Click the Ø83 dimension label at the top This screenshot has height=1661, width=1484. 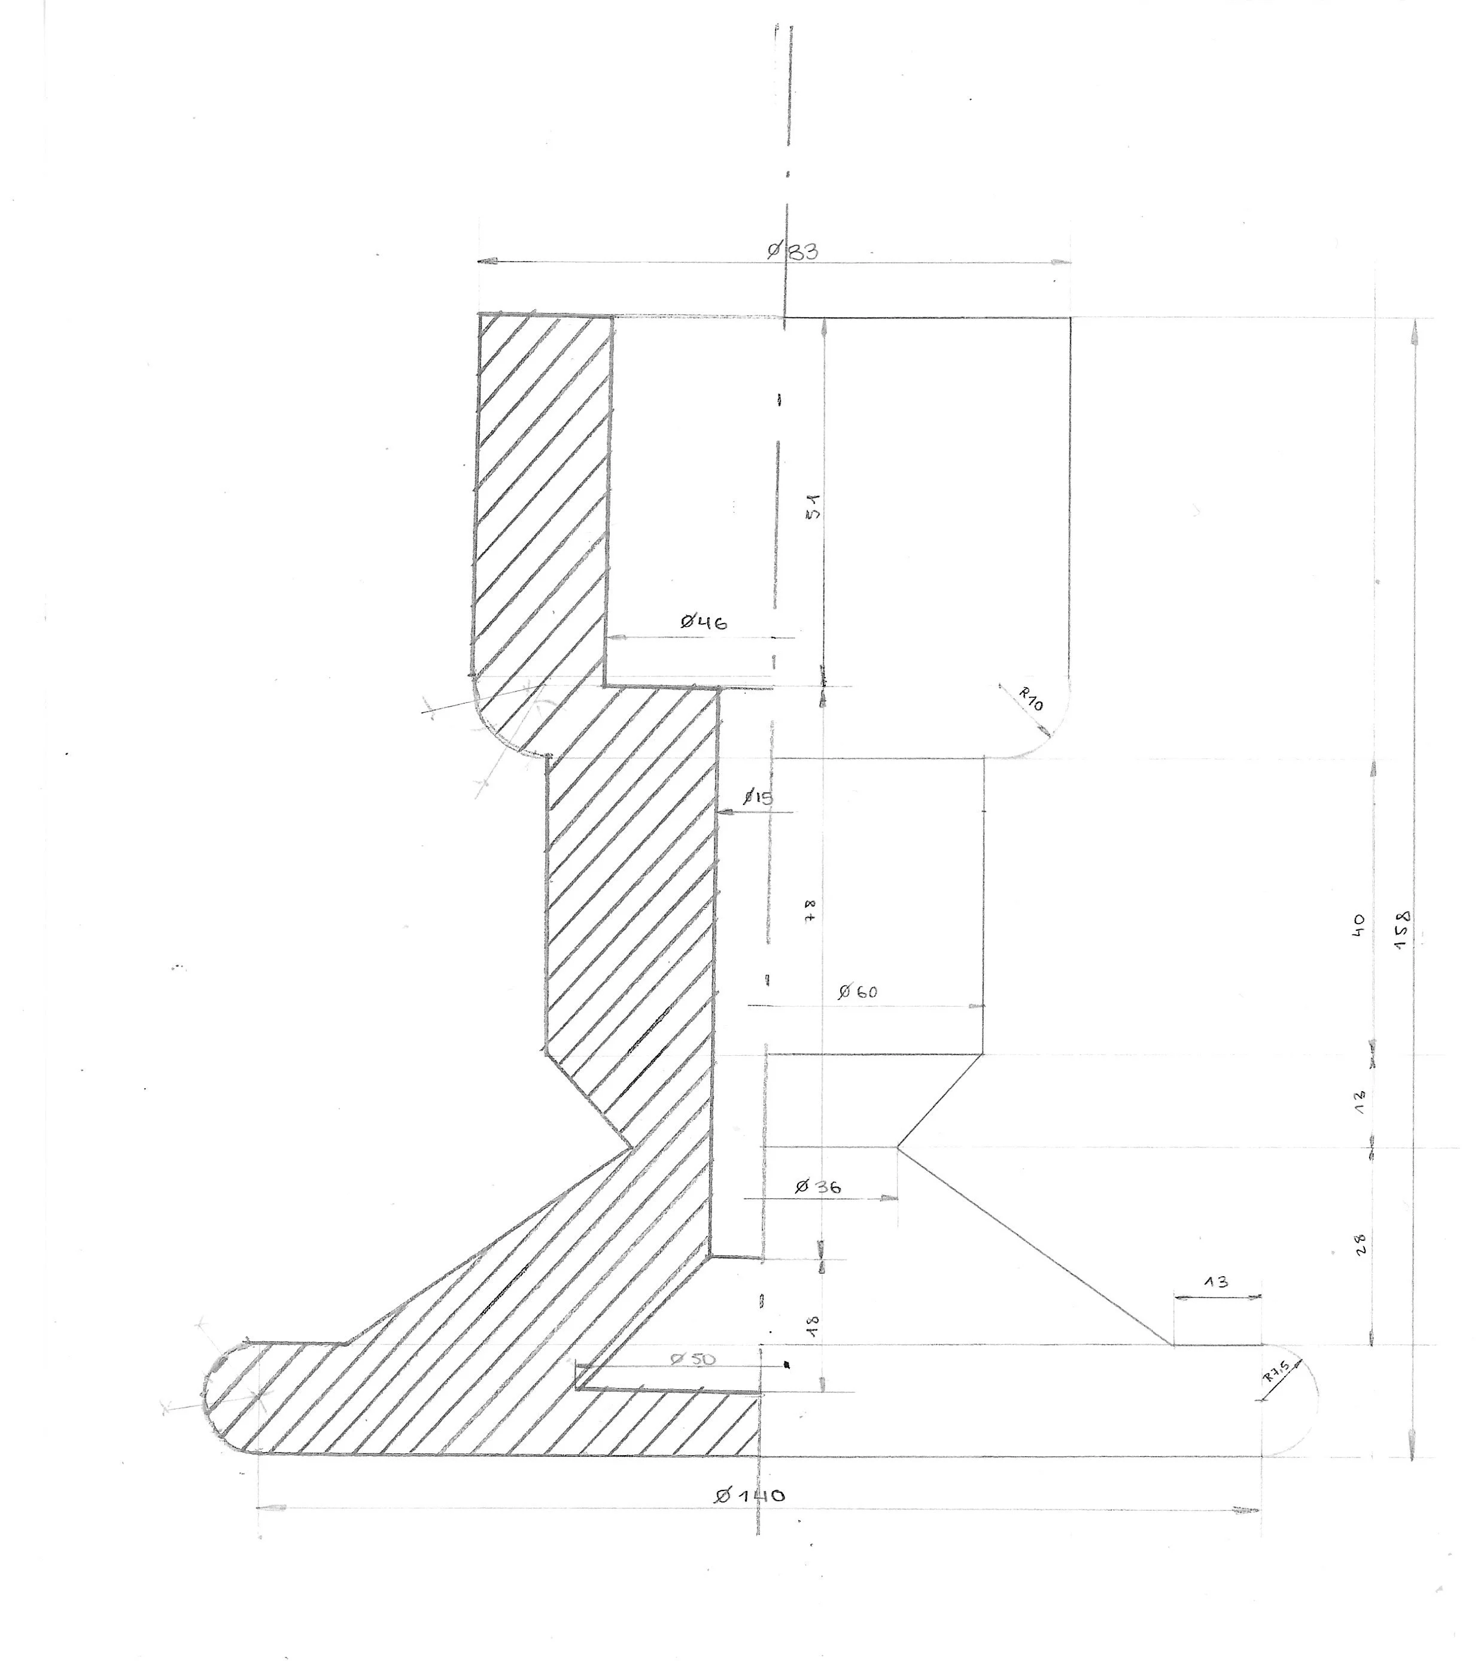click(792, 251)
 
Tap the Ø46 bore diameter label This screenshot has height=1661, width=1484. click(704, 622)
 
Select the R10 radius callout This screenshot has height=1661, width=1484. click(1030, 699)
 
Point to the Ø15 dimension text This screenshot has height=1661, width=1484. click(758, 797)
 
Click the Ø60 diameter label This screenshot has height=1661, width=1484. click(857, 992)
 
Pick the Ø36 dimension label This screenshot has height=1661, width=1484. click(818, 1186)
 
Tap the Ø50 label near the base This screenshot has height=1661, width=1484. click(692, 1359)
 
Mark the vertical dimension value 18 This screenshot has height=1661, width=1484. click(813, 1326)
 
